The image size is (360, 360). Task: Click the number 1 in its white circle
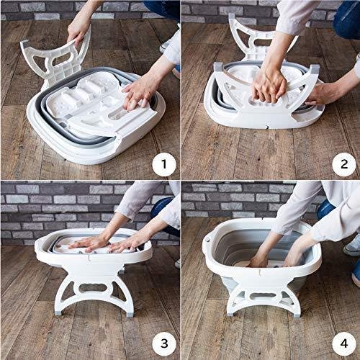coord(164,164)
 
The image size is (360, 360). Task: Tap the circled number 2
coord(344,164)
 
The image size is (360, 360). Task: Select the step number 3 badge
coord(164,344)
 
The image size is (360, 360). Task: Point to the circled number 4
coord(344,344)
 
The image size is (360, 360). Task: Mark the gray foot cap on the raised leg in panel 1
coord(24,43)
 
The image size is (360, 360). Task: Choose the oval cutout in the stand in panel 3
coord(93,288)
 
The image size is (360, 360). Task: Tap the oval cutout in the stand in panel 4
coord(261,297)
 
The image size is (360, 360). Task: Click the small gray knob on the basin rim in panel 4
coord(208,239)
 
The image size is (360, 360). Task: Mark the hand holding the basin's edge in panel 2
coord(315,94)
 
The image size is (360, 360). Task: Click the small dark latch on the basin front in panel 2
coord(266,127)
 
